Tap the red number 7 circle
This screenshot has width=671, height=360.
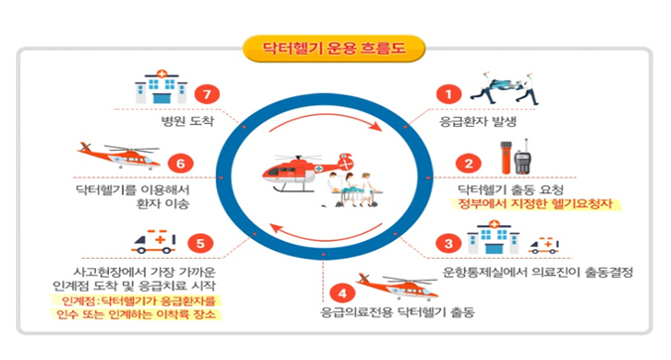coord(204,95)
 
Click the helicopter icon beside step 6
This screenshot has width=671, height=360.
coord(117,157)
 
